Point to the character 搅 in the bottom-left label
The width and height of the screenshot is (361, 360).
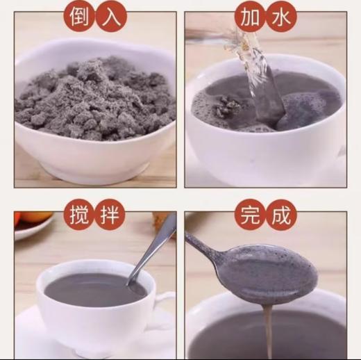click(78, 215)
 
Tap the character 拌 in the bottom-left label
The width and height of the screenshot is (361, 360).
click(111, 215)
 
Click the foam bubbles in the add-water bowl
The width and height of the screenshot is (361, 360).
click(208, 104)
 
